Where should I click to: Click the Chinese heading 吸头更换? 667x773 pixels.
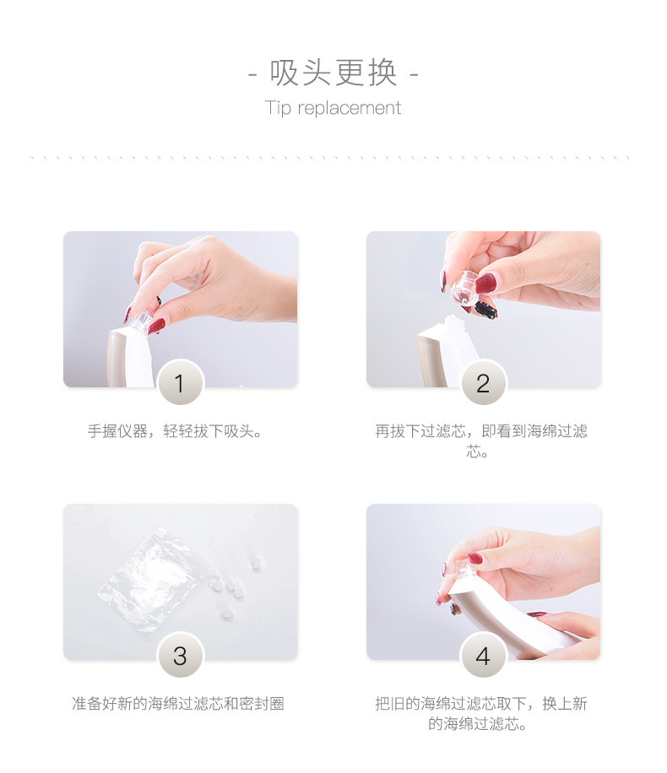coord(333,73)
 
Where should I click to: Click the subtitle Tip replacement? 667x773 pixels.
coord(333,107)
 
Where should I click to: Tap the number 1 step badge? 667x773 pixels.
coord(180,383)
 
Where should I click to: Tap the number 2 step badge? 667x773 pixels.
coord(483,383)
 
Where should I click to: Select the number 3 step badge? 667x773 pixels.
coord(180,656)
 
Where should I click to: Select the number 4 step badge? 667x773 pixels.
coord(483,656)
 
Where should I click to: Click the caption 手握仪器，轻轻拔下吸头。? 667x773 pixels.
coord(175,431)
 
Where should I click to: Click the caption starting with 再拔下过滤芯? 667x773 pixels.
coord(481,441)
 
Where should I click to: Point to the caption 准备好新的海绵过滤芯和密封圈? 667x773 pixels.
coord(178,704)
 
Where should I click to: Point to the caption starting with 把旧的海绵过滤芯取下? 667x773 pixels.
coord(481,713)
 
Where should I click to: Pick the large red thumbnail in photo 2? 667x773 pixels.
coord(485,284)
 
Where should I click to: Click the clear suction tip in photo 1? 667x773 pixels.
coord(139,321)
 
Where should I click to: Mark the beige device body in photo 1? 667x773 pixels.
coord(117,359)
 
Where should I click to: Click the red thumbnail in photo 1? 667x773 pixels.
coord(157,326)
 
